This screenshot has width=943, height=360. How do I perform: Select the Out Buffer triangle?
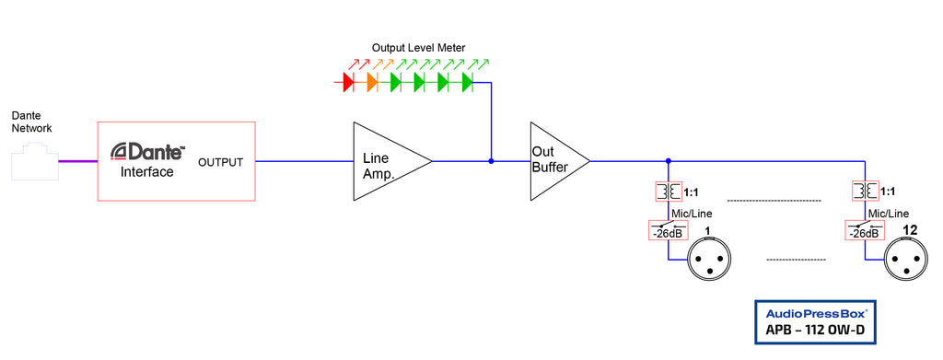click(x=553, y=161)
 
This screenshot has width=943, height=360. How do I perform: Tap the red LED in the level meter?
click(x=348, y=83)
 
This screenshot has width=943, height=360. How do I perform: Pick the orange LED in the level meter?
click(x=372, y=83)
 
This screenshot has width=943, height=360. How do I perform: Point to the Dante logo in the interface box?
click(x=148, y=152)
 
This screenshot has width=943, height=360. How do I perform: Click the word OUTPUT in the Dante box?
click(x=221, y=163)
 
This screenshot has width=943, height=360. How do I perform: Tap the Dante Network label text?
click(x=31, y=122)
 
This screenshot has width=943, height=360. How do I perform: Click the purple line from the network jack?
click(x=78, y=162)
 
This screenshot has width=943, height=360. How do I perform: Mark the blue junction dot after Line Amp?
click(x=491, y=161)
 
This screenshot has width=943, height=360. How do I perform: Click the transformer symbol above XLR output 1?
click(x=668, y=192)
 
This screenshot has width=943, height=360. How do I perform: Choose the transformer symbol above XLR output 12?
click(x=866, y=192)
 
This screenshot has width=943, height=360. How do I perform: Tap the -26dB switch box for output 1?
click(x=668, y=230)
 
